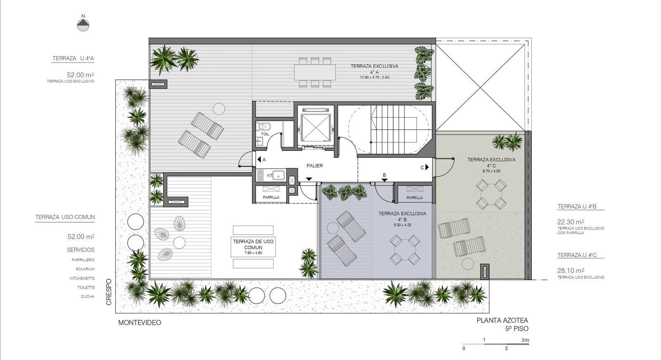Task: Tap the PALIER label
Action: pos(314,166)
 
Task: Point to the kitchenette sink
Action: pos(278,175)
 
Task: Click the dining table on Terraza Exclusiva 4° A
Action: pos(315,72)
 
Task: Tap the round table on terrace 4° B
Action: pos(405,250)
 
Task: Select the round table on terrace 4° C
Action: pos(491,194)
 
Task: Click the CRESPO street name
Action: pos(109,292)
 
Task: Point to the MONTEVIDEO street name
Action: pos(140,322)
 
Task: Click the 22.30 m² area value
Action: pos(571,222)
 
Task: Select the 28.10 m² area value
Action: pos(571,270)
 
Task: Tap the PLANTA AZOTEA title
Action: pos(502,320)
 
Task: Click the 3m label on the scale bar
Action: pos(525,340)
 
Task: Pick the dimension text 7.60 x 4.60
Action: pos(253,253)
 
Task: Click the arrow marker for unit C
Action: pos(427,167)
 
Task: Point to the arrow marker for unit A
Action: pos(259,160)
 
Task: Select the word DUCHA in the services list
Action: pos(88,296)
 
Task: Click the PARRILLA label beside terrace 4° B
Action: pos(415,198)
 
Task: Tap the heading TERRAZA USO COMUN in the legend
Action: pos(65,217)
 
